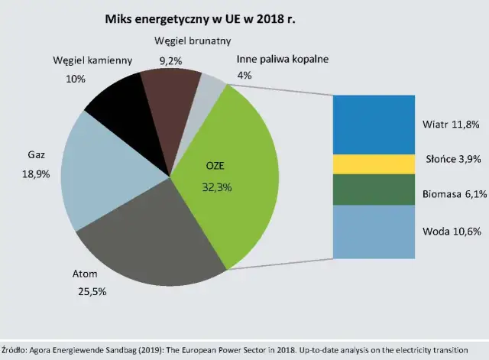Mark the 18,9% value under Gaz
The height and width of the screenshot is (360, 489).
37,174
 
